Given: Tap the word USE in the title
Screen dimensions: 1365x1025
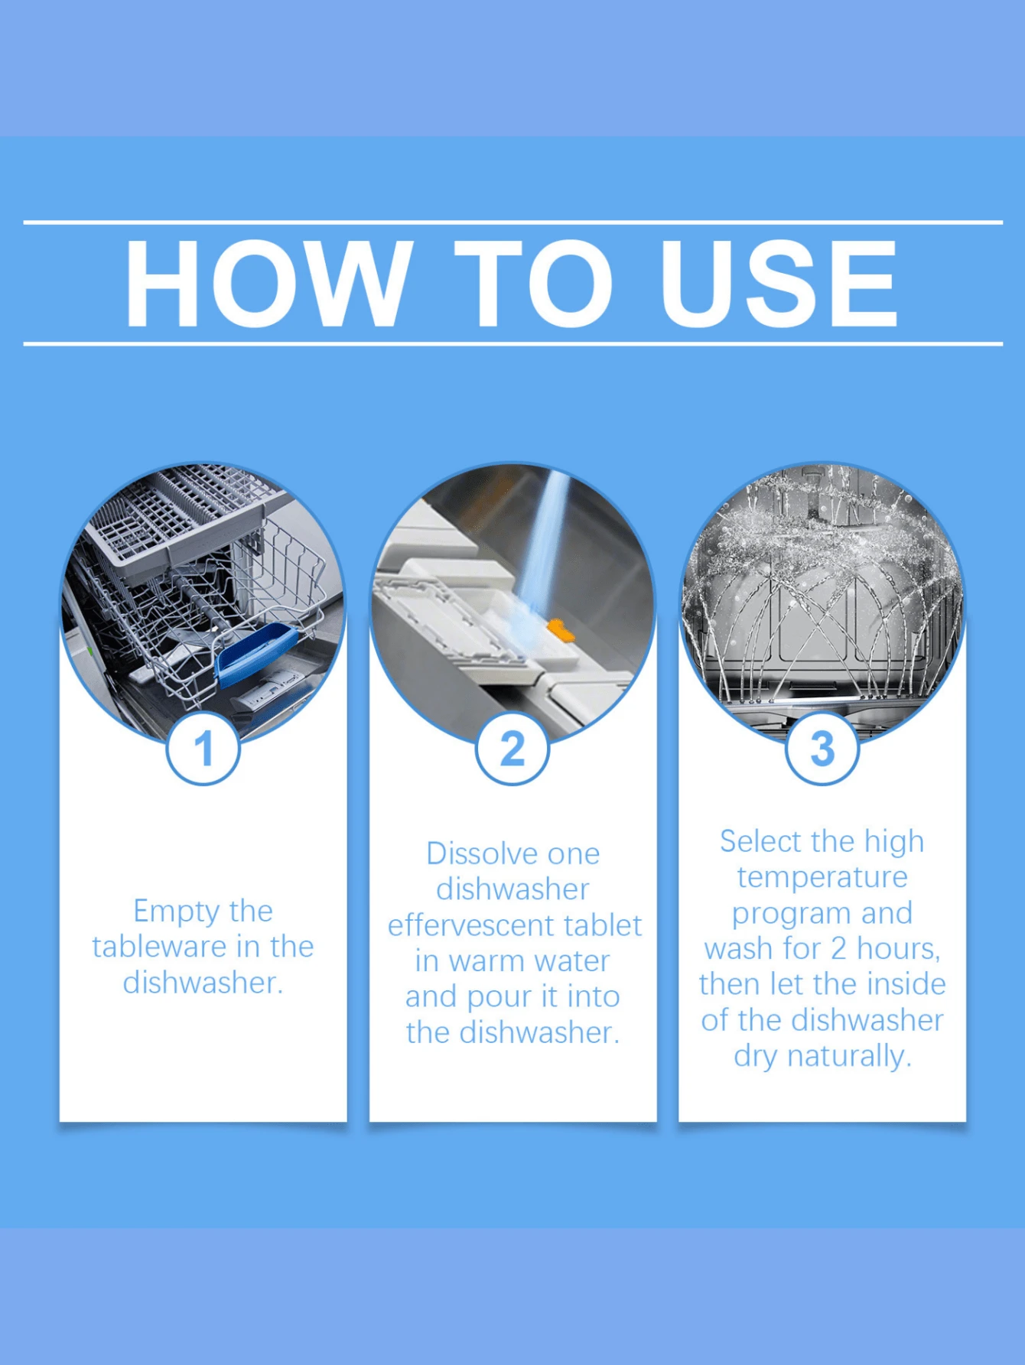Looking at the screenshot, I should point(778,284).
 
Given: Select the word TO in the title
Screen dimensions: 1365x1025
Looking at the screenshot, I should point(533,284).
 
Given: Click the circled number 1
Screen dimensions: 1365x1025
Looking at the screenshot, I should point(203,747).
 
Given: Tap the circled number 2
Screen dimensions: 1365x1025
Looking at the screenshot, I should point(512,747).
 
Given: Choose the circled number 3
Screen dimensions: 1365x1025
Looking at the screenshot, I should point(822,747).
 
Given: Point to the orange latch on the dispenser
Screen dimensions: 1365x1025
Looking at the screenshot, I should point(561,631).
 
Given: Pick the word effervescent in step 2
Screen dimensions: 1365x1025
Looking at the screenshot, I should point(470,926).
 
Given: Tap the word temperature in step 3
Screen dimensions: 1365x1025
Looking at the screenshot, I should point(822,877).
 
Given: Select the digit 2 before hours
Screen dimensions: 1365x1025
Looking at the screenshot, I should point(838,949).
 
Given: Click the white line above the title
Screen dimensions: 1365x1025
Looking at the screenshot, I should point(512,223).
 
